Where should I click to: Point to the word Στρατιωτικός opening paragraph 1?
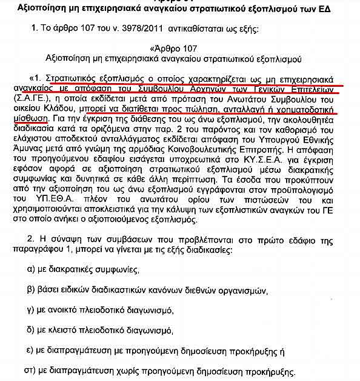click(x=73, y=79)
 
